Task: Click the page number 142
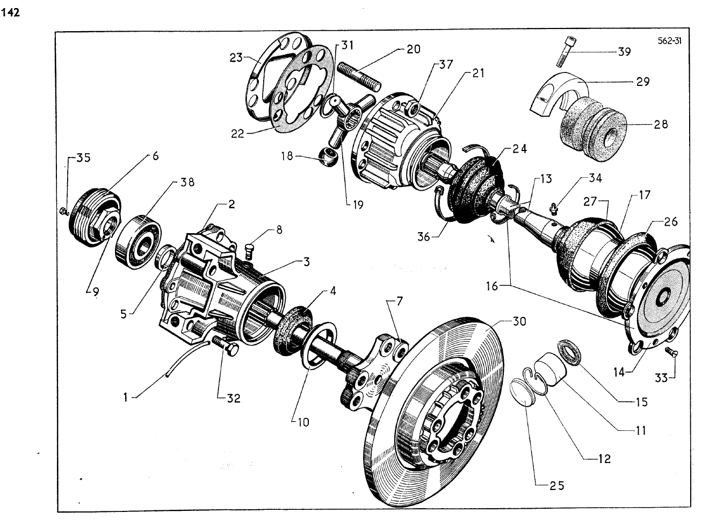[x=11, y=12]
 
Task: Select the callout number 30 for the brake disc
[x=519, y=321]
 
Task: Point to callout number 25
[x=556, y=486]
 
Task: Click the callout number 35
[x=83, y=158]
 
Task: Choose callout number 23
[x=236, y=57]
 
